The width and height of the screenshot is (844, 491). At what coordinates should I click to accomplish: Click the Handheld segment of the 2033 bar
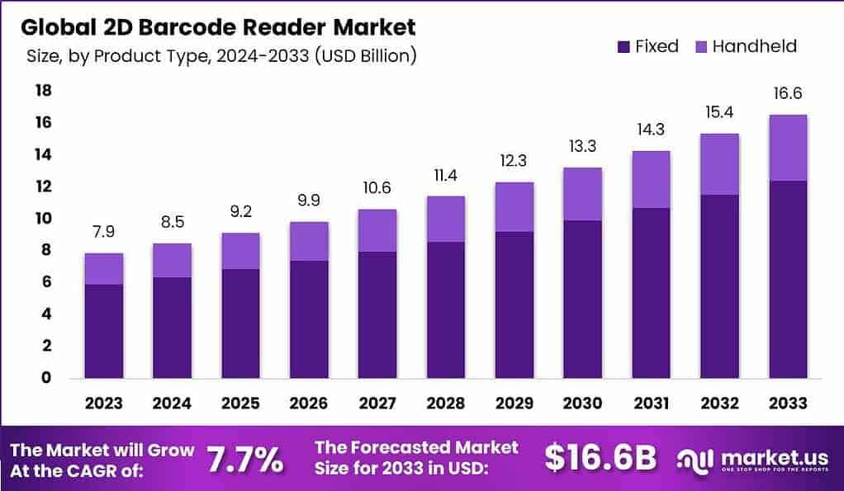[787, 148]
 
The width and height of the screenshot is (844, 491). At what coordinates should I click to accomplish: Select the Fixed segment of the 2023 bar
[104, 331]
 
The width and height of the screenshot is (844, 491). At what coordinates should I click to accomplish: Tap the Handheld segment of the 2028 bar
[446, 219]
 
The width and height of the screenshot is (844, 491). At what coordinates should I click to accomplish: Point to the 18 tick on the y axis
[42, 90]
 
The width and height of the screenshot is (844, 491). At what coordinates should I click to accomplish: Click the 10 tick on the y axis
[42, 218]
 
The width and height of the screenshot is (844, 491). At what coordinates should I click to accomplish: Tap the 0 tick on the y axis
[46, 378]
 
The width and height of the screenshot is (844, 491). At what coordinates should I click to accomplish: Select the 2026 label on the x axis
[309, 404]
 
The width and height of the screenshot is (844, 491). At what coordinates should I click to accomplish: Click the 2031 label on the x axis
[651, 404]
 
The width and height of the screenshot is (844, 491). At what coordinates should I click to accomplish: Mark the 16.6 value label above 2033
[787, 93]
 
